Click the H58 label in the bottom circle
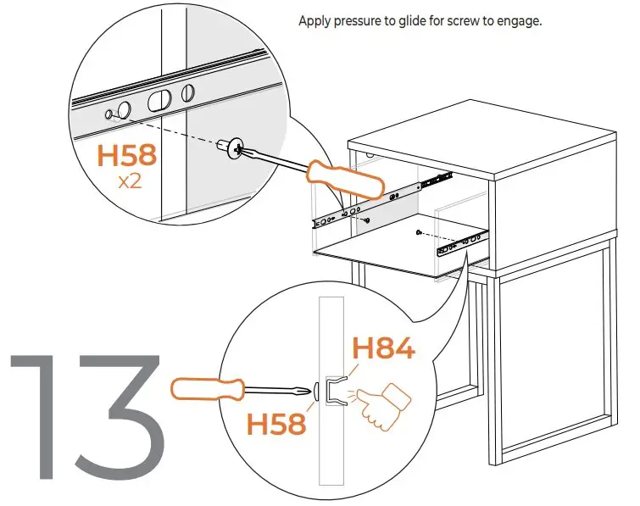[276, 421]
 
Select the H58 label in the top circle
[126, 156]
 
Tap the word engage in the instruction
[518, 21]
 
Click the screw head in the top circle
[231, 148]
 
